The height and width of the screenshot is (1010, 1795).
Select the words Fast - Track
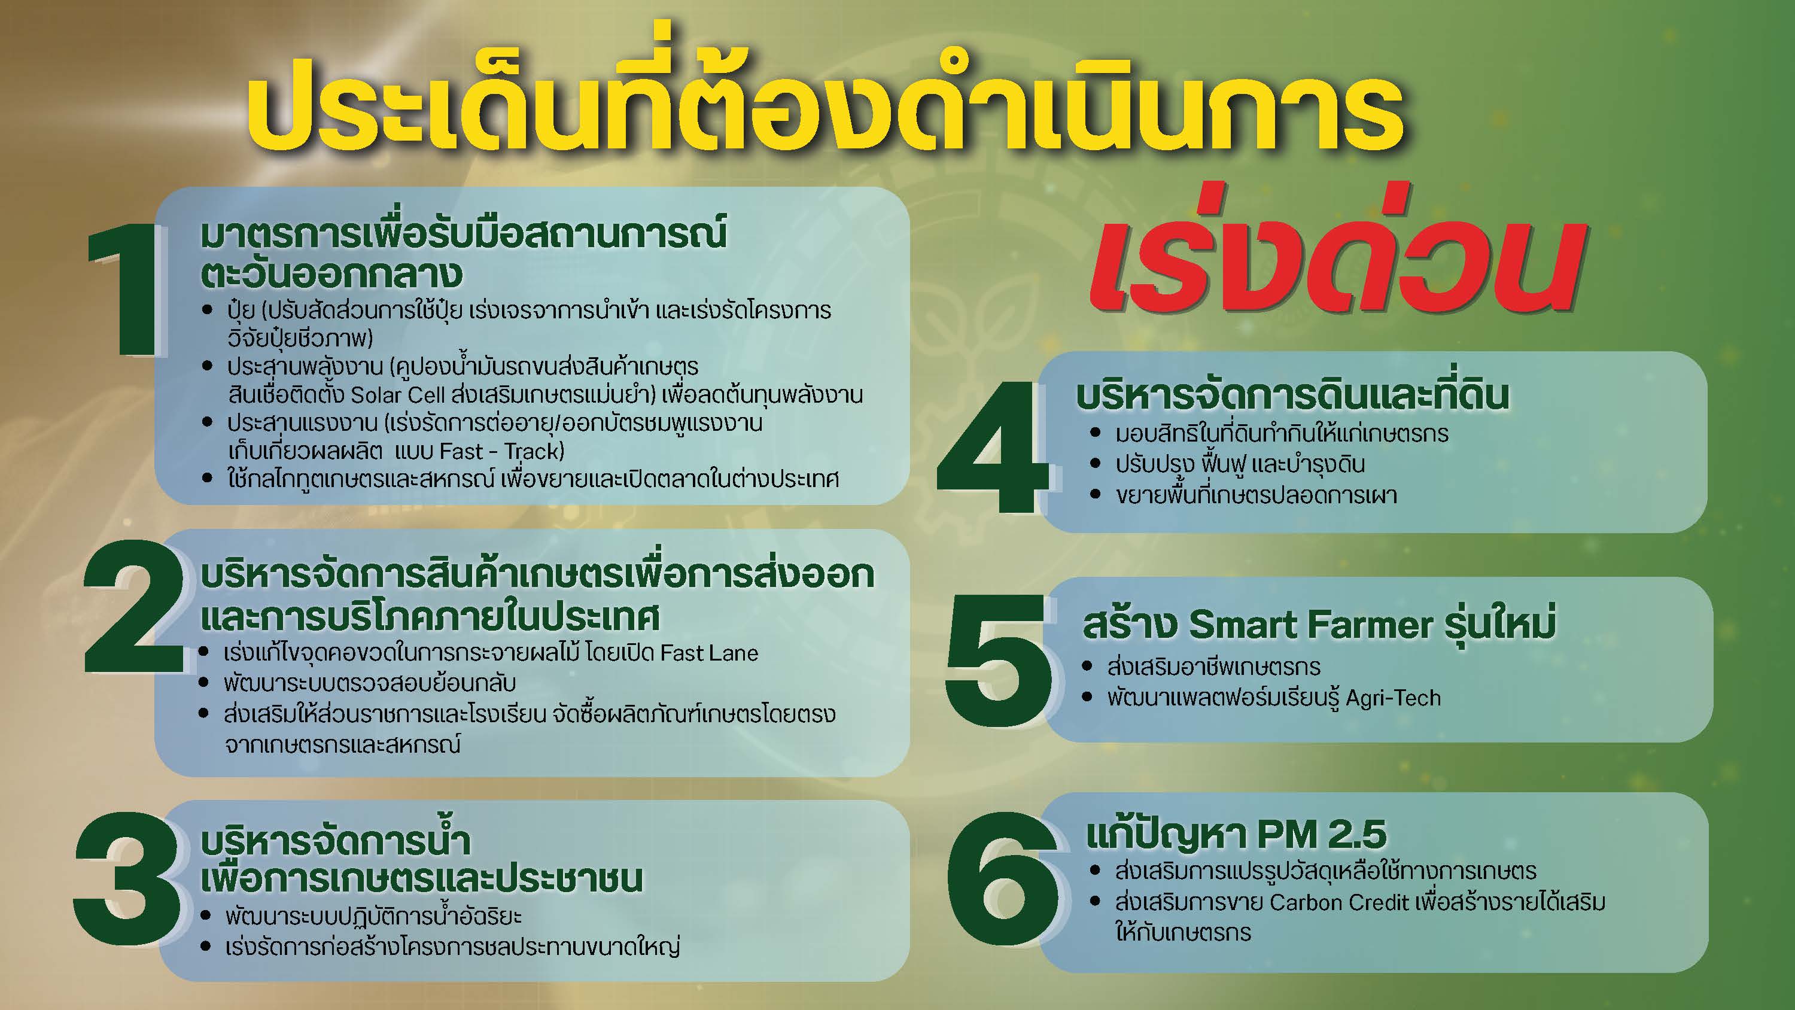[x=502, y=452]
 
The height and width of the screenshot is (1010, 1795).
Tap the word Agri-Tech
[x=1394, y=698]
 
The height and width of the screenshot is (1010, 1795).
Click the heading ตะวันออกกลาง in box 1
[x=331, y=273]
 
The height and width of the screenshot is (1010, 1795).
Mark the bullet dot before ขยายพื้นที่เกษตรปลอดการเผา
[x=1096, y=495]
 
